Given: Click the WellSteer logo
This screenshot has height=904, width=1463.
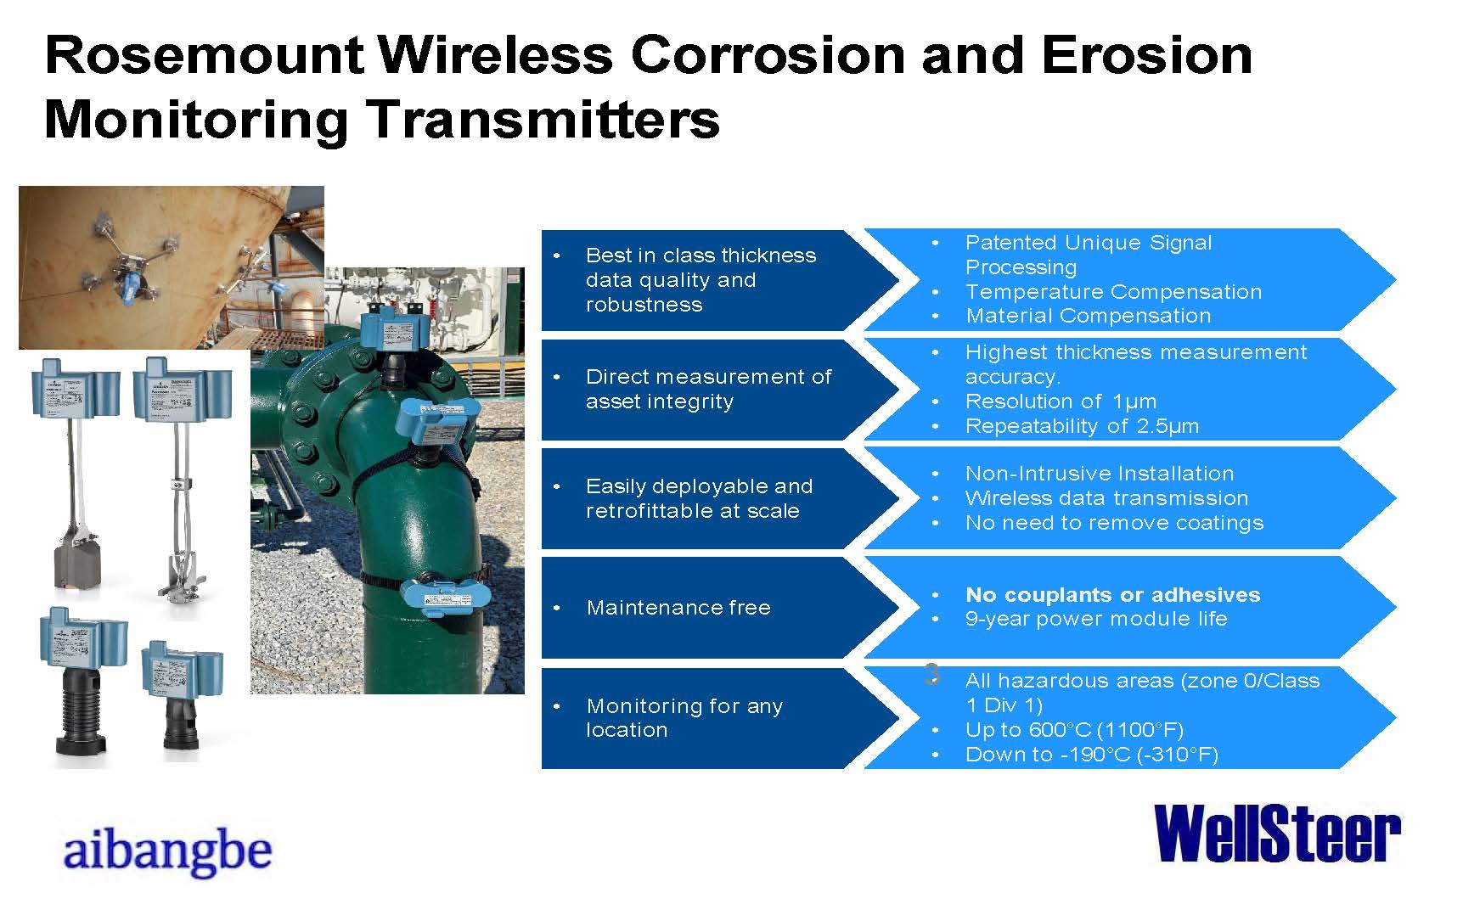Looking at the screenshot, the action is [x=1277, y=834].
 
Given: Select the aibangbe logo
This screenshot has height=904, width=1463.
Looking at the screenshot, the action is [x=167, y=851].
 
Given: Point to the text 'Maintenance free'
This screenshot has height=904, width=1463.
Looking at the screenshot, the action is [x=678, y=608].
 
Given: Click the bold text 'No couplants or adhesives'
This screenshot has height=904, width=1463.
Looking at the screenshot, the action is [x=1112, y=595].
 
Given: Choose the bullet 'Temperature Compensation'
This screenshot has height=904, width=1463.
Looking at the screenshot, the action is [x=1113, y=292].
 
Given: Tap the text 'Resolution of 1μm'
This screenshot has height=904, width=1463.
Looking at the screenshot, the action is [x=1061, y=401].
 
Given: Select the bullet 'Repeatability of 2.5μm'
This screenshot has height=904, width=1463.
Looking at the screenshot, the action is [x=1082, y=426].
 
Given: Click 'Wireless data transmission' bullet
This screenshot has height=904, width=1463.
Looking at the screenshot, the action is [x=1106, y=498].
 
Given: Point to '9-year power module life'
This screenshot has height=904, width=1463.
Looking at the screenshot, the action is [x=1096, y=620].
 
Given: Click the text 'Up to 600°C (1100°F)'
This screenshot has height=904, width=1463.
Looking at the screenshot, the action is [x=1074, y=730].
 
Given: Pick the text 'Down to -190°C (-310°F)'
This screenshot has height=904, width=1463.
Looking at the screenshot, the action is [x=1092, y=755].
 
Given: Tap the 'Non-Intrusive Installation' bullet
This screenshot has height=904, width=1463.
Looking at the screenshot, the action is [x=1100, y=474].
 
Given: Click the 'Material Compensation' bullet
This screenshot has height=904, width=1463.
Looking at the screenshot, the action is [x=1088, y=316].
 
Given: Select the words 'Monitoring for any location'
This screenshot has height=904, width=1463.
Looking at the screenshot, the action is [x=684, y=718].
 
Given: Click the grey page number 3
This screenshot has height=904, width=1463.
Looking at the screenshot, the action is [x=931, y=675].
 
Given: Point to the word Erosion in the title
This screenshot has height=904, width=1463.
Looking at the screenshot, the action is [x=1146, y=55].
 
